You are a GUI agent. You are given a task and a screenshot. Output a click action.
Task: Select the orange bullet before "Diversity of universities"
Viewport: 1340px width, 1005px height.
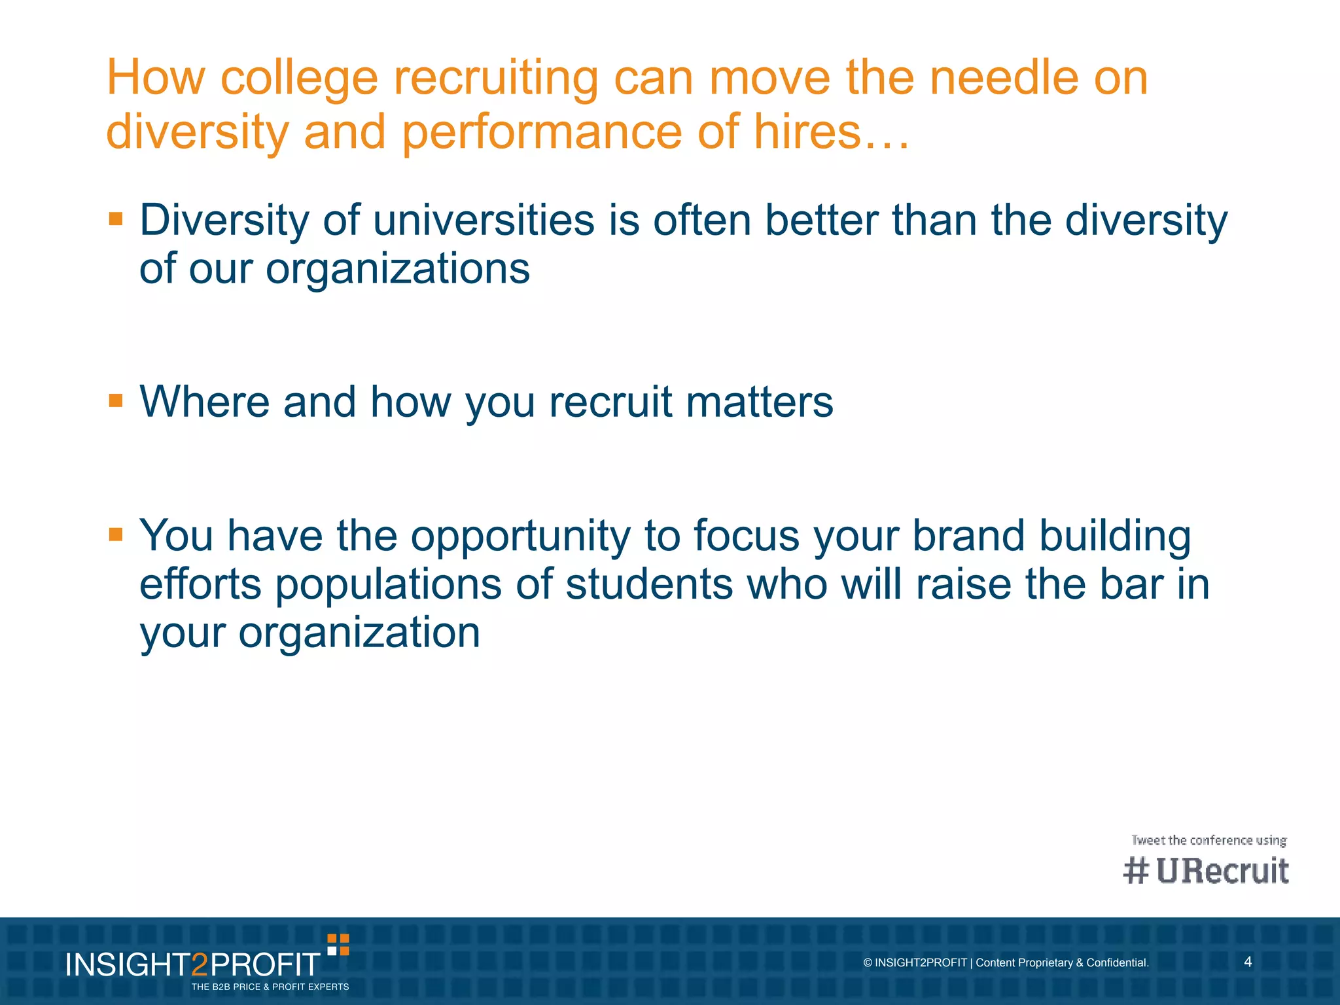click(x=116, y=219)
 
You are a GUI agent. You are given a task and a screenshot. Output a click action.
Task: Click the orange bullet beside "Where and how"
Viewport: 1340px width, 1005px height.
click(x=116, y=400)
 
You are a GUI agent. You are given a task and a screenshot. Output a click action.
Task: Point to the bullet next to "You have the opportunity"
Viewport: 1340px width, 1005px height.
click(x=116, y=535)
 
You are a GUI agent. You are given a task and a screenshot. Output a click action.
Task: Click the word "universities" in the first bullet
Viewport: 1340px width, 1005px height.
click(x=484, y=220)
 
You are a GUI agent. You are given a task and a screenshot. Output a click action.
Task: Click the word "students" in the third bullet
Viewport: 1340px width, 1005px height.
click(x=649, y=584)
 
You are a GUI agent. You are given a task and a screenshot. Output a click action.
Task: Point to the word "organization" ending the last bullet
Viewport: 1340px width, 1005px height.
click(x=359, y=633)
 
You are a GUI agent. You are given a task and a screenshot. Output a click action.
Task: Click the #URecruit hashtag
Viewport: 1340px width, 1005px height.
click(x=1206, y=871)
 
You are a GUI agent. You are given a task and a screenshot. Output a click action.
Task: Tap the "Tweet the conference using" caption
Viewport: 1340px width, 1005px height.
click(x=1208, y=840)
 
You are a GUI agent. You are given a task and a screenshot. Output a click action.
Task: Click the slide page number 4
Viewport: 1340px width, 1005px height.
click(x=1248, y=962)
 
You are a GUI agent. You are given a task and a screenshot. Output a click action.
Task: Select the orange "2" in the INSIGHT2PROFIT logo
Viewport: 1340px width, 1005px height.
click(x=200, y=965)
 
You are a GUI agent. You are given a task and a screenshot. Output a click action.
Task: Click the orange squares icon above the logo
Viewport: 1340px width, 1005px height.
click(x=338, y=945)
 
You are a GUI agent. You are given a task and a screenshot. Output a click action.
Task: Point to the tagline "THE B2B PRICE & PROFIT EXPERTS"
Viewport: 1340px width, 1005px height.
click(x=270, y=987)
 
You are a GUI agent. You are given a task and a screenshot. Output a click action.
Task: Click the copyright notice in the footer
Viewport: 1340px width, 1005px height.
click(x=1006, y=962)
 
